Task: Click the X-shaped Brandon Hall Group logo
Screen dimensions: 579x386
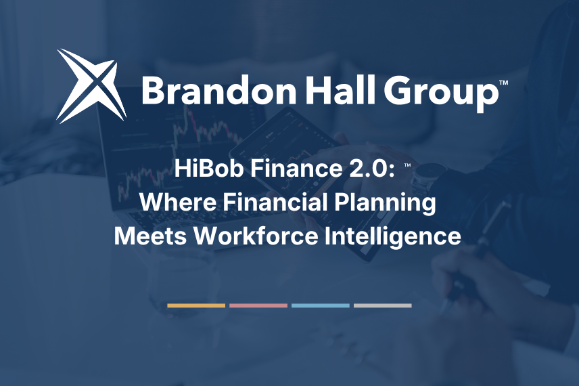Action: click(x=92, y=86)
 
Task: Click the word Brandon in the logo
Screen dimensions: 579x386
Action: click(x=218, y=89)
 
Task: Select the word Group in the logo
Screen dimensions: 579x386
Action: click(x=441, y=92)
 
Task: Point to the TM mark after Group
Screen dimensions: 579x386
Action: click(x=503, y=83)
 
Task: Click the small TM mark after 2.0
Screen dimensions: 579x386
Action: click(x=408, y=165)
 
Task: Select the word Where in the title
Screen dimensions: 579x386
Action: click(x=179, y=202)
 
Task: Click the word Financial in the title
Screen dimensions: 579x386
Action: click(x=275, y=202)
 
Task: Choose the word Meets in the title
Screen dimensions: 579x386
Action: click(x=150, y=236)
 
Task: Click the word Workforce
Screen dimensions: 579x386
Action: click(x=255, y=236)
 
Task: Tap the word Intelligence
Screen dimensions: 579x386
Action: click(x=393, y=237)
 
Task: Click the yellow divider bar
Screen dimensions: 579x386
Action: click(x=196, y=306)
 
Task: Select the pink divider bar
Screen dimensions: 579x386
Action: click(x=258, y=306)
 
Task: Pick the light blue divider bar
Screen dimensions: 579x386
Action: click(x=321, y=306)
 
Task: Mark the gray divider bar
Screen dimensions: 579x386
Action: click(x=383, y=306)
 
